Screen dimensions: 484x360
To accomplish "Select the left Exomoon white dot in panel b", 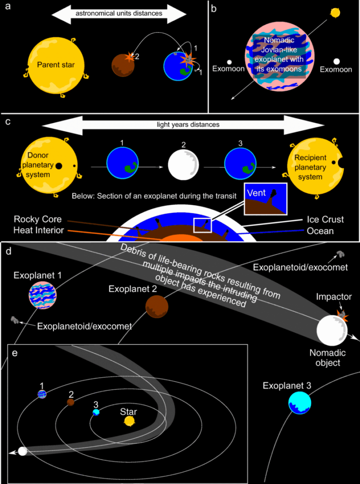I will point(229,62).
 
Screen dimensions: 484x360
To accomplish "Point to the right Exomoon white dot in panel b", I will point(336,61).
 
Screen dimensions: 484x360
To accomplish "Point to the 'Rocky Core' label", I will point(36,219).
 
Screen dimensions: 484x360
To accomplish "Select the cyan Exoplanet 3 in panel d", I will point(300,403).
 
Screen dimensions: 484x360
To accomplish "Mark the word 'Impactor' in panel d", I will point(334,297).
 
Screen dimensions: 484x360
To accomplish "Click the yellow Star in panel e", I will point(129,421).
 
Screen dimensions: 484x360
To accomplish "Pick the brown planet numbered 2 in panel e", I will point(71,402).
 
